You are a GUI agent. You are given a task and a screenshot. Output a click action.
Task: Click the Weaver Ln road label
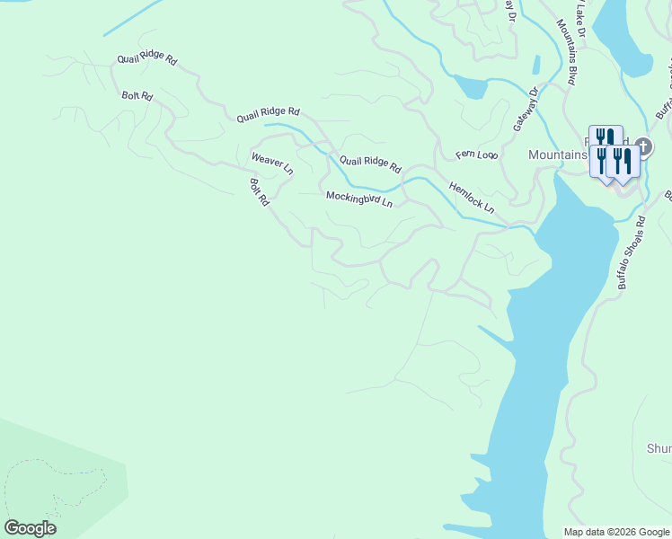point(271,163)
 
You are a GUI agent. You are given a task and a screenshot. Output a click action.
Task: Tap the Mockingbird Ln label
point(358,199)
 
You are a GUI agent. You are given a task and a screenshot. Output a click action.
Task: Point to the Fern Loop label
point(476,155)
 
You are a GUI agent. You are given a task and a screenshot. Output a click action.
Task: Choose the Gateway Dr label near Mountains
point(525,109)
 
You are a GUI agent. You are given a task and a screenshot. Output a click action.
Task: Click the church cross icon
point(642,145)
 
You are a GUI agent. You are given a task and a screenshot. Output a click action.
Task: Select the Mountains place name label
point(557,155)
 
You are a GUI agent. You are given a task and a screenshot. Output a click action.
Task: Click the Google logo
point(30,528)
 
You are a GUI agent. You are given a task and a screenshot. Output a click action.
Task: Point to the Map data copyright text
point(616,532)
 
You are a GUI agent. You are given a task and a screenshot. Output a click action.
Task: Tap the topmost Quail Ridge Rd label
point(147,58)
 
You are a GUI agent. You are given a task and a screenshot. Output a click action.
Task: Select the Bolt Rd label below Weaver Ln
point(259,192)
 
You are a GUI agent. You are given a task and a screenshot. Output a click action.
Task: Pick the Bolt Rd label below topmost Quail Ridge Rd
point(137,94)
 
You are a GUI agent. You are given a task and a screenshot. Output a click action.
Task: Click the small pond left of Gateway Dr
point(471,87)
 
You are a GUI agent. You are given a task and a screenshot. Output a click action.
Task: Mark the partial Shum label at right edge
point(659,448)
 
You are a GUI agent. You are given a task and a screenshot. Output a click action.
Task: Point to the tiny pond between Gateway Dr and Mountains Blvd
point(536,65)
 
